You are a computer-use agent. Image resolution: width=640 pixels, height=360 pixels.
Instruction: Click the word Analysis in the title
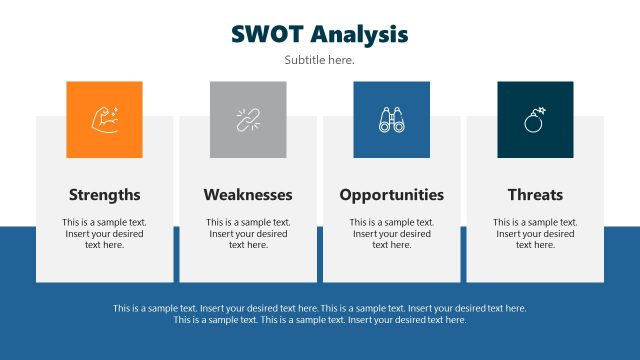pos(359,34)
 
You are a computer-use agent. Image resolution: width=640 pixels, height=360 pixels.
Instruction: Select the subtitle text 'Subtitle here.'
pos(319,60)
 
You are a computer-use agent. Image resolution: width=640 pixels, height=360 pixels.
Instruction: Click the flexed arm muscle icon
pos(104,120)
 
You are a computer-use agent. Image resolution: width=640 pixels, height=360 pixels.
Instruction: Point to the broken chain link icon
pos(248,120)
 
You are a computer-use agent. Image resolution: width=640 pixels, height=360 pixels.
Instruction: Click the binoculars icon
pos(391,120)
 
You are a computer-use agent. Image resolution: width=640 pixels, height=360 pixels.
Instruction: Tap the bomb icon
pos(535,120)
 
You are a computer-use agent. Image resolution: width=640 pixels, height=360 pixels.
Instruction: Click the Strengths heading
pos(104,195)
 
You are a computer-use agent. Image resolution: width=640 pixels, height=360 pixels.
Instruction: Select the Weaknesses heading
pos(248,195)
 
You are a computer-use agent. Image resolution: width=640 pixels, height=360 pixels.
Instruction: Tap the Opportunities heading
pos(391,195)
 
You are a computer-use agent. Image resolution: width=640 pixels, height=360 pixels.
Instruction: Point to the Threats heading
pos(535,195)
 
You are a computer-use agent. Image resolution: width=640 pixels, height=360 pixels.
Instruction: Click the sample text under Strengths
pos(104,233)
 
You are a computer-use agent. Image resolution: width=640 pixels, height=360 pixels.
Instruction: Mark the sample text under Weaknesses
pos(248,233)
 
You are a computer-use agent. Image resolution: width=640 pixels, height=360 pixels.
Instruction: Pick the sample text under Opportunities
pos(391,233)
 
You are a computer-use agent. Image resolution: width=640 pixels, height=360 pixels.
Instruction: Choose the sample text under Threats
pos(535,233)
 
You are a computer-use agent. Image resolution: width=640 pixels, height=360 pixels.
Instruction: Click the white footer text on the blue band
pos(320,314)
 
